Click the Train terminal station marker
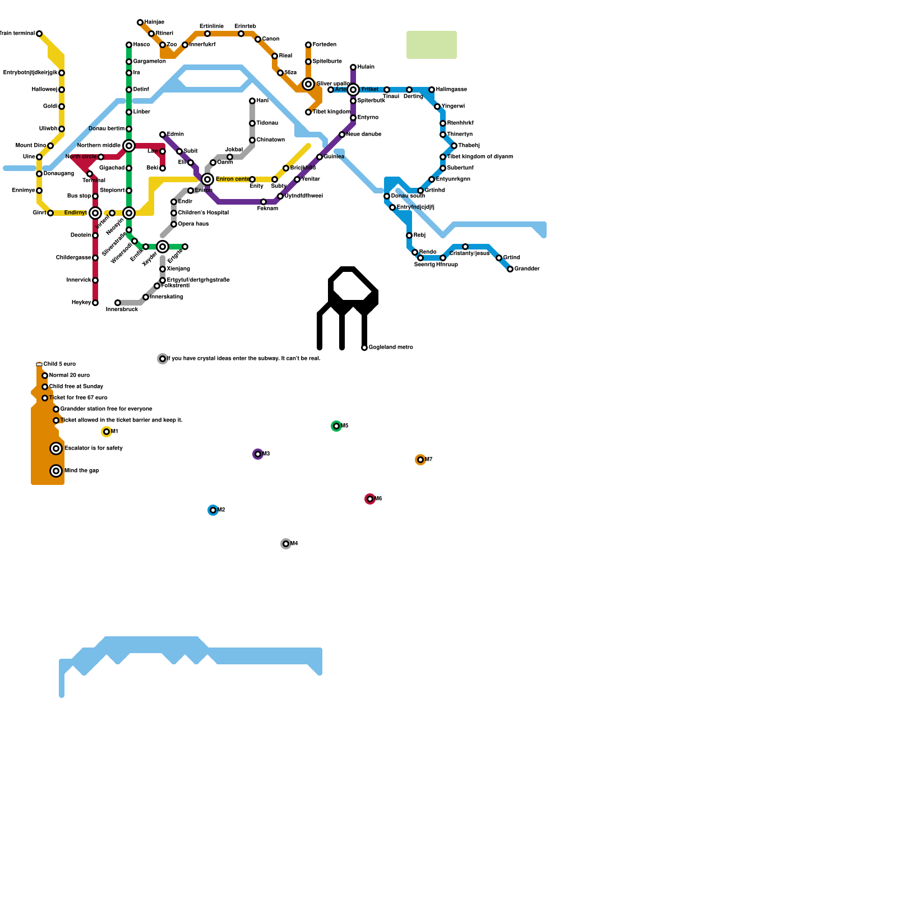coord(39,34)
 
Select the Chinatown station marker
coord(252,140)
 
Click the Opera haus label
coord(193,224)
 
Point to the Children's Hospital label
coord(203,213)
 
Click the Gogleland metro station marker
coord(364,348)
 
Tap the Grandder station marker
coord(510,269)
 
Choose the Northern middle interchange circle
coord(129,146)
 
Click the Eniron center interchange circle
coord(207,179)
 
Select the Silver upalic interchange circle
coord(308,84)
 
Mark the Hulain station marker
coord(353,67)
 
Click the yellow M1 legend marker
coord(107,432)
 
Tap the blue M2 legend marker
coord(213,510)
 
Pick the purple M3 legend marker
coord(258,454)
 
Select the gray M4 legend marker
coord(286,544)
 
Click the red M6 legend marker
coord(370,499)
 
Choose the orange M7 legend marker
coord(420,460)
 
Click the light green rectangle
coord(432,45)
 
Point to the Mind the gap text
coord(82,471)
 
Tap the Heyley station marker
coord(95,303)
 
